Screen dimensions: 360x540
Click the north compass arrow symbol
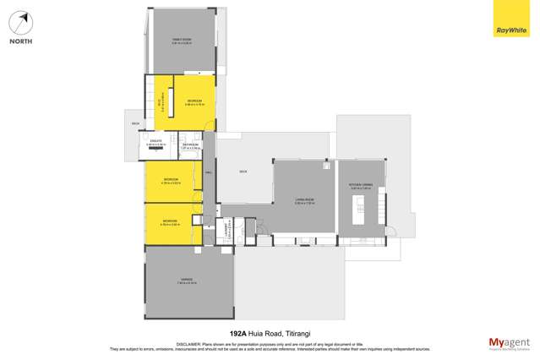(24, 21)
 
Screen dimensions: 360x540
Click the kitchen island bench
(357, 210)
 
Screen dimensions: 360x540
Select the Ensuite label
(155, 142)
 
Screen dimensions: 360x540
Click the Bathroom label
(190, 145)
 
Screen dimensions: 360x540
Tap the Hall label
(208, 172)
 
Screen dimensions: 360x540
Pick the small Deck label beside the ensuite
(134, 124)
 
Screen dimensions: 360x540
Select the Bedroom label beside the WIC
(194, 101)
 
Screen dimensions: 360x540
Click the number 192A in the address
(241, 334)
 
